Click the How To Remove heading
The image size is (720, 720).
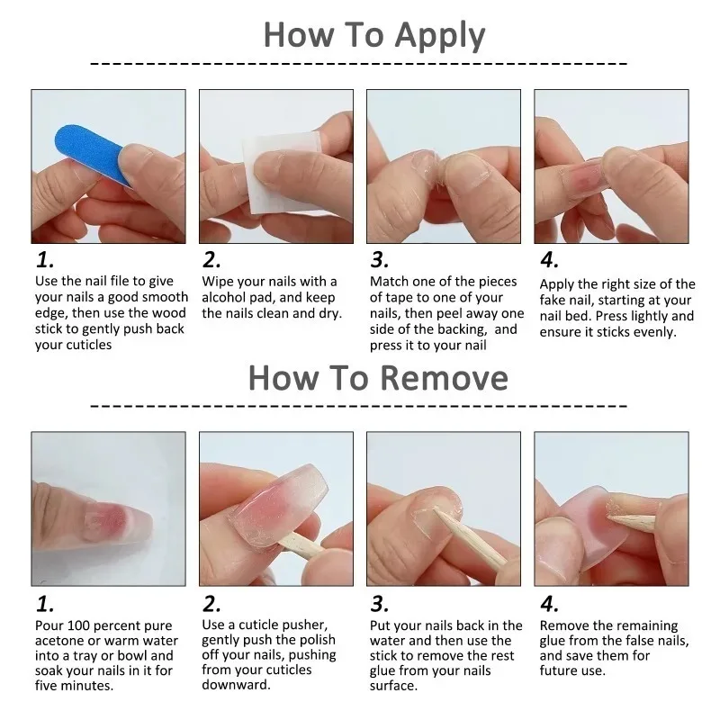[x=378, y=376]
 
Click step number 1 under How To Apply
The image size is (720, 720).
[x=45, y=260]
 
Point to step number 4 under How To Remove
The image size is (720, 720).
[x=549, y=603]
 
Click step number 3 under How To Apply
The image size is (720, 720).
[x=380, y=260]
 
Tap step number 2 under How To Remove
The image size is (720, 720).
[x=211, y=603]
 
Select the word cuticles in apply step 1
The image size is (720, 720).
[x=87, y=345]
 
